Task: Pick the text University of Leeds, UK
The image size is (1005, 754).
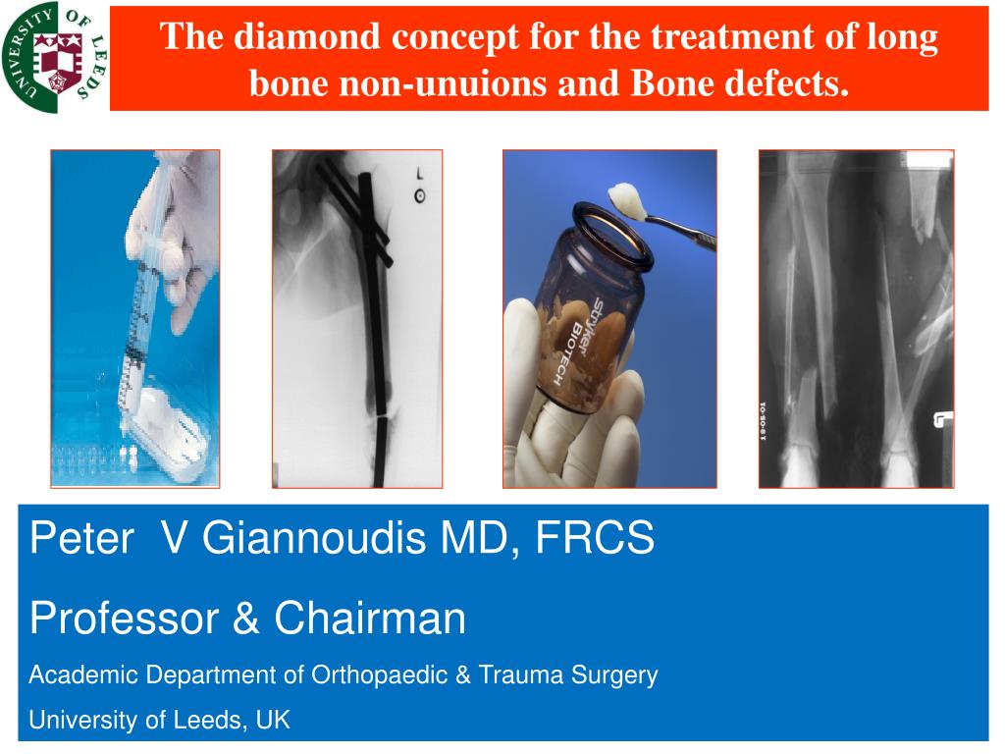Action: pos(159,721)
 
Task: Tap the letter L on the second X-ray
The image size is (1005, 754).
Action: pos(419,174)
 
